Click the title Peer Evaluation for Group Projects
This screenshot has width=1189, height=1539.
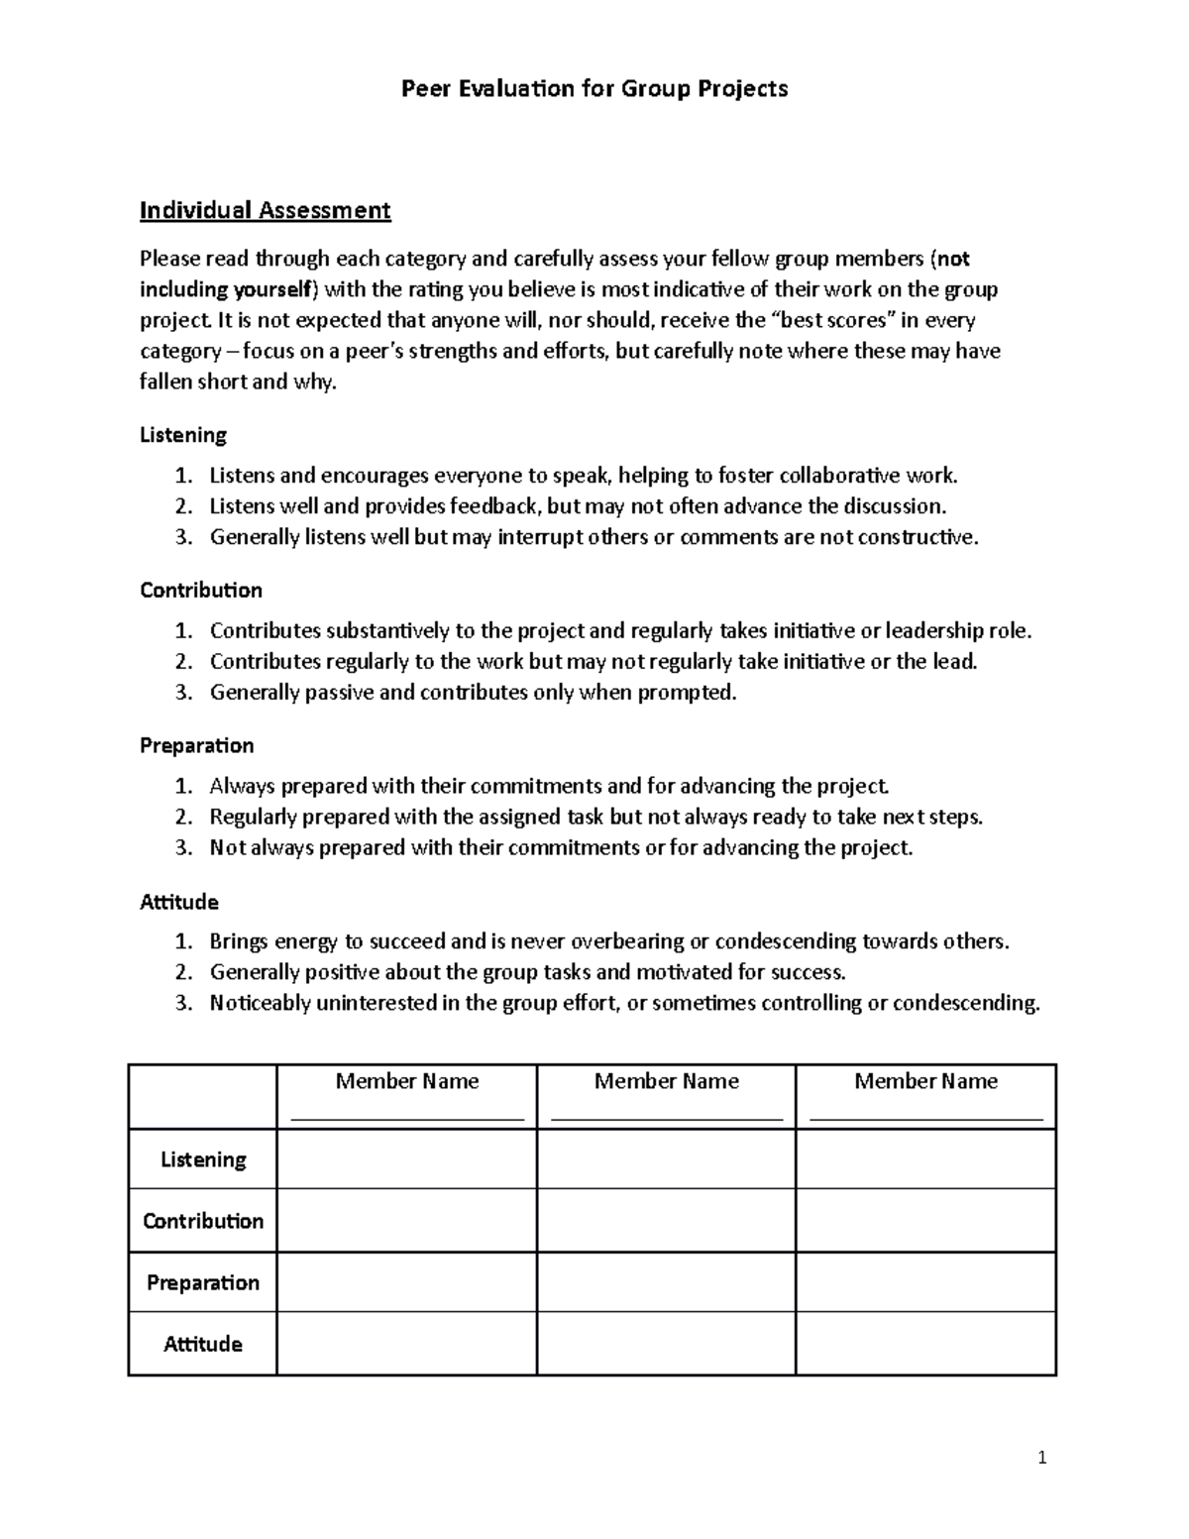point(594,89)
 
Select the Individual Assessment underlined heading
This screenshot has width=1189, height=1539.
point(265,210)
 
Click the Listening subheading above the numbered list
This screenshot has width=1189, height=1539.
point(183,435)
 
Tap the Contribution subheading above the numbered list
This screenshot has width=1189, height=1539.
point(201,591)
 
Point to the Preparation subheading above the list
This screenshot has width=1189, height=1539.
point(197,745)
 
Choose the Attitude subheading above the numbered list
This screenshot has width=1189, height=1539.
point(179,902)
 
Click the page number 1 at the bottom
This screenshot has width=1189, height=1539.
point(1041,1457)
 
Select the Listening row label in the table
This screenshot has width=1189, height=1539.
point(203,1159)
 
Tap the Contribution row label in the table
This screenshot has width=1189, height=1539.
point(203,1221)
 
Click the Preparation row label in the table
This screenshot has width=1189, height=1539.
point(203,1282)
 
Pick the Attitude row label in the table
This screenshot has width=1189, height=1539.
point(203,1344)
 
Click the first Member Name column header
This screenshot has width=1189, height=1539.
point(407,1081)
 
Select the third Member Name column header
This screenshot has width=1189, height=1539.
point(925,1081)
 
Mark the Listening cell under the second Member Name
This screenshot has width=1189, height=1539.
point(666,1159)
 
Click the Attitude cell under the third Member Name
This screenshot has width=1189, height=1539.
point(925,1344)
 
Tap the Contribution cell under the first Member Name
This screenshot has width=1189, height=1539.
point(407,1221)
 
